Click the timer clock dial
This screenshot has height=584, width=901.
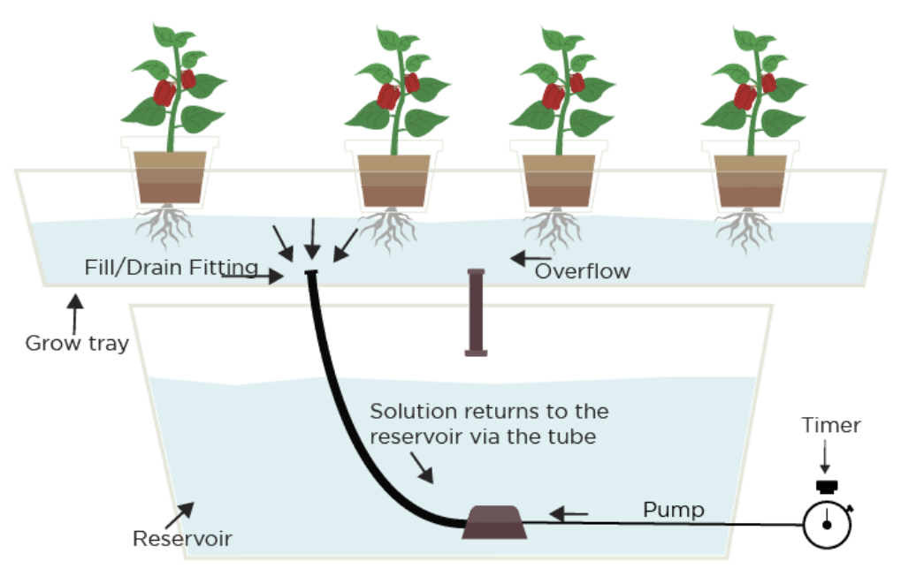click(x=827, y=525)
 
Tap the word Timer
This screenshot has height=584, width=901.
click(x=830, y=426)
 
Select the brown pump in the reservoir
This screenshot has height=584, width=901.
click(x=494, y=522)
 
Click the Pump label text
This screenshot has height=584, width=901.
click(x=673, y=510)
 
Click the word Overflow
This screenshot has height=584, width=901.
click(x=583, y=271)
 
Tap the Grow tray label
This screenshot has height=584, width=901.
click(x=77, y=344)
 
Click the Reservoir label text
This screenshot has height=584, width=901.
click(x=182, y=538)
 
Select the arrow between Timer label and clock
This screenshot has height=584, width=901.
click(x=825, y=459)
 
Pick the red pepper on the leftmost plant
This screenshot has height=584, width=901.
click(x=164, y=93)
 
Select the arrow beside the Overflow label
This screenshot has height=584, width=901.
click(x=528, y=259)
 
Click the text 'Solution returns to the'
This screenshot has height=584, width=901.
click(x=489, y=412)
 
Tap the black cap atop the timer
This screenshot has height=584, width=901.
click(x=827, y=486)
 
